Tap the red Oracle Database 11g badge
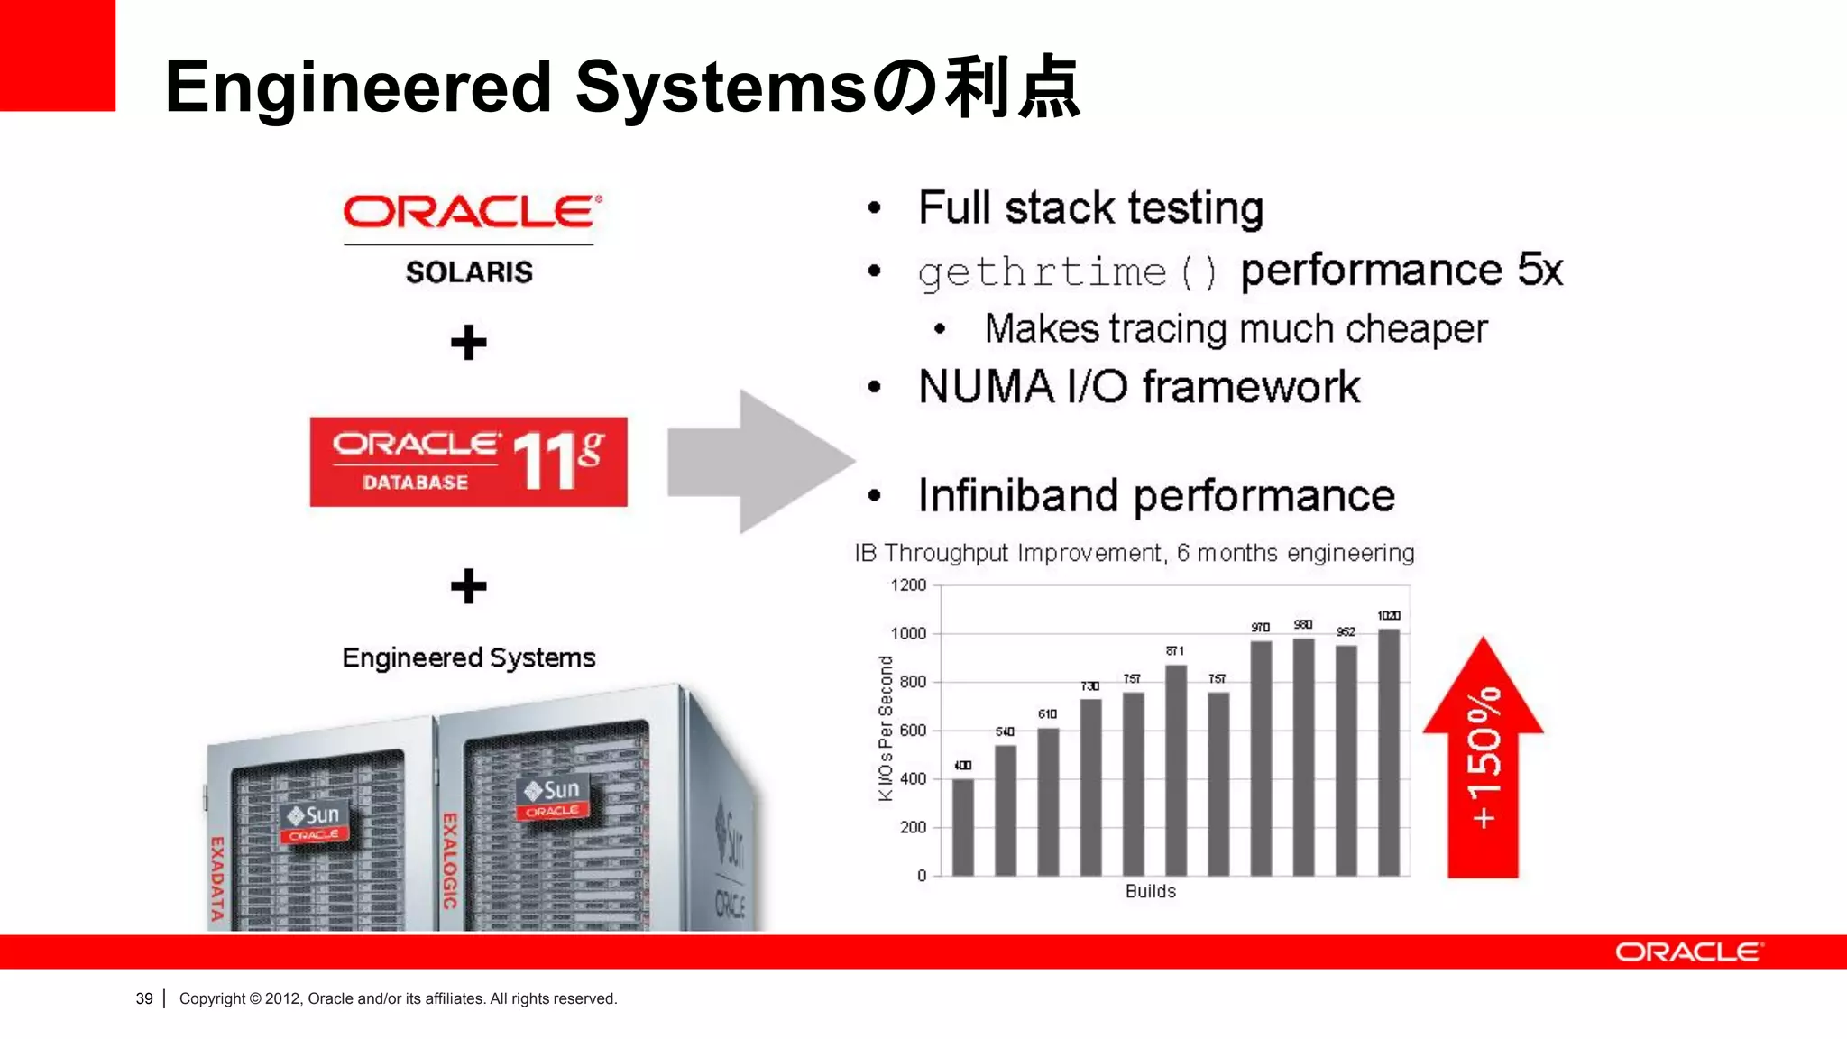coord(468,462)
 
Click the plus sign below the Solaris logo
coord(468,343)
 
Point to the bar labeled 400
coord(963,827)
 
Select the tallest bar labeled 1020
coord(1389,753)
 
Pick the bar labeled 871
coord(1175,771)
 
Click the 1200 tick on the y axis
coord(908,585)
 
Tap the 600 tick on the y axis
coord(913,731)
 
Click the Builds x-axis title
coord(1150,891)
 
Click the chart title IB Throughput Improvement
coord(1134,553)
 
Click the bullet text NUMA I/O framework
coord(1138,387)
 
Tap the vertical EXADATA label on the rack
coord(216,878)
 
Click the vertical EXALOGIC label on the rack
coord(449,860)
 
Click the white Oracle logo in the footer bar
coord(1688,952)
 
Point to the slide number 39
coord(144,998)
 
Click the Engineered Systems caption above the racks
coord(468,657)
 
